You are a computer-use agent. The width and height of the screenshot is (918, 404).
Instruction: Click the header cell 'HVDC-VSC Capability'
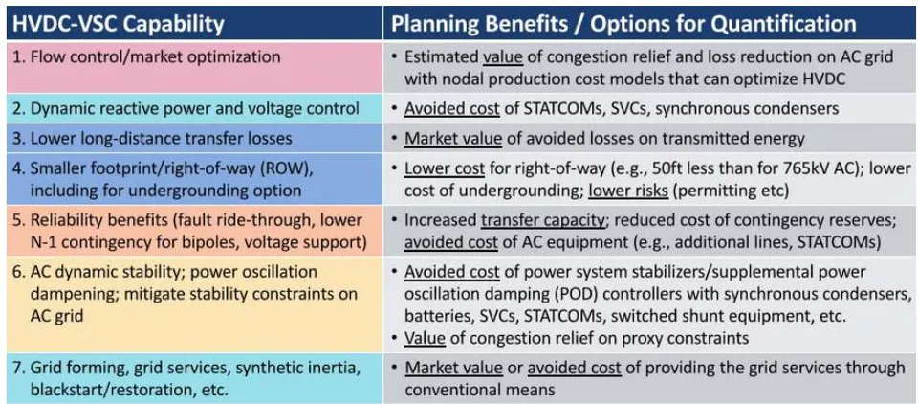194,23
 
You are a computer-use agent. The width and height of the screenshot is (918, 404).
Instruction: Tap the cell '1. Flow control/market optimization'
194,67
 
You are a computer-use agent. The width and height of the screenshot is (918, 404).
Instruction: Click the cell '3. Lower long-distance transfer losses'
194,139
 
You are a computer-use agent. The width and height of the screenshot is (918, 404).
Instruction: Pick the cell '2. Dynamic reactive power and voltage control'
194,108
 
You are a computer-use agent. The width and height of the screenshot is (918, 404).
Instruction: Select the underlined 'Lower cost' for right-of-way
445,168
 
